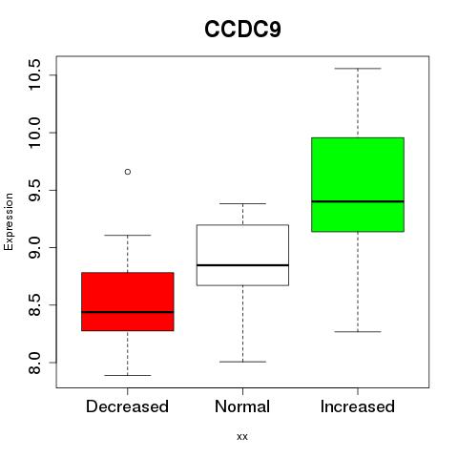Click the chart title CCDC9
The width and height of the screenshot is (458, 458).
tap(242, 30)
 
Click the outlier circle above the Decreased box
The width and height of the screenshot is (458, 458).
tap(128, 172)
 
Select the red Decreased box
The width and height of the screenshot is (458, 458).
tap(128, 302)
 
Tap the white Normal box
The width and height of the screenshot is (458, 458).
tap(242, 255)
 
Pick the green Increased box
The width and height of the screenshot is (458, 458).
tap(358, 184)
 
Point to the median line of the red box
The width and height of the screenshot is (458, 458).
tap(128, 312)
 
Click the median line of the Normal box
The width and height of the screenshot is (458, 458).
tap(242, 265)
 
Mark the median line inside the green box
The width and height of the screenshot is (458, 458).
tap(358, 201)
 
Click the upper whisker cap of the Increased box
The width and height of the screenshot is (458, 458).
tap(358, 69)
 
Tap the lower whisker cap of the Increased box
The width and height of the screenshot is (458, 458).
tap(358, 332)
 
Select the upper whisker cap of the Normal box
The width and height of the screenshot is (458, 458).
tap(242, 203)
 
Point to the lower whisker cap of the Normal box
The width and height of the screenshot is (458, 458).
tap(242, 362)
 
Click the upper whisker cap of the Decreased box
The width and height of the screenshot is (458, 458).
tap(128, 235)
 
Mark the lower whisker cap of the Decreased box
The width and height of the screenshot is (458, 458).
tap(128, 375)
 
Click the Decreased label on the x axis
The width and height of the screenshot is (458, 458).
tap(127, 406)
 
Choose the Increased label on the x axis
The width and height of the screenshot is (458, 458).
tap(358, 406)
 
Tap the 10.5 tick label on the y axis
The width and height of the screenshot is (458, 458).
tap(34, 74)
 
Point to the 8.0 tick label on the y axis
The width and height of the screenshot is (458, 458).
tap(34, 363)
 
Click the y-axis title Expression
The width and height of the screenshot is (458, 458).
tap(9, 221)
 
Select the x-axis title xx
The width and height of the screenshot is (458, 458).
tap(242, 437)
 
